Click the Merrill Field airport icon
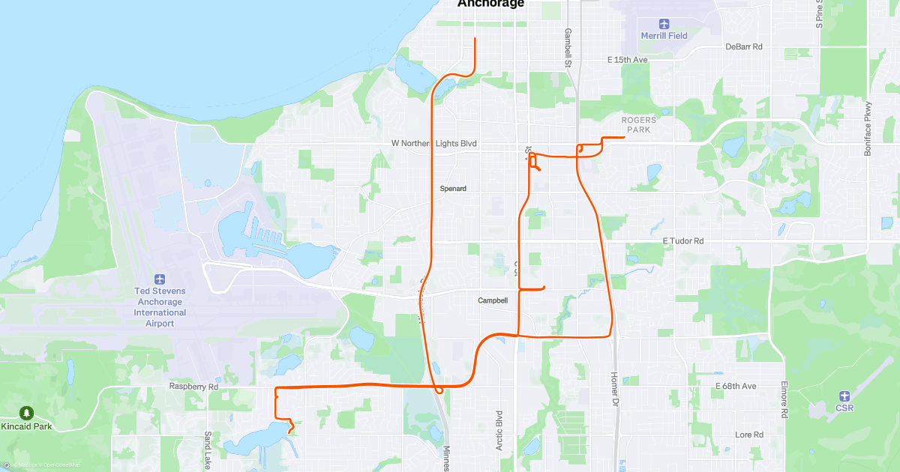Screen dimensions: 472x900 pyautogui.click(x=663, y=23)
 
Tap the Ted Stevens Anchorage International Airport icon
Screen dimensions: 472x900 pyautogui.click(x=160, y=279)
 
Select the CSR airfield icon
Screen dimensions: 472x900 pyautogui.click(x=844, y=396)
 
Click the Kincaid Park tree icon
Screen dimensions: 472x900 pyautogui.click(x=27, y=413)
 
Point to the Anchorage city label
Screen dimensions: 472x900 pyautogui.click(x=490, y=4)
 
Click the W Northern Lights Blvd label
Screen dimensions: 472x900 pyautogui.click(x=434, y=143)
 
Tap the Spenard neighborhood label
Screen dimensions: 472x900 pyautogui.click(x=453, y=189)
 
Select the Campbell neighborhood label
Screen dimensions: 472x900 pyautogui.click(x=493, y=300)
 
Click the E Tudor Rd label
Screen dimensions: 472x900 pyautogui.click(x=683, y=241)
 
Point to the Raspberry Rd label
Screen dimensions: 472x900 pyautogui.click(x=193, y=387)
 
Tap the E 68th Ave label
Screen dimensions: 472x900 pyautogui.click(x=736, y=386)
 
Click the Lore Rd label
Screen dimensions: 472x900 pyautogui.click(x=748, y=435)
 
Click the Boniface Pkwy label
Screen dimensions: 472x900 pyautogui.click(x=868, y=128)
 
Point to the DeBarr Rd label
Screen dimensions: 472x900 pyautogui.click(x=744, y=46)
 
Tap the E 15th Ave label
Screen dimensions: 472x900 pyautogui.click(x=627, y=59)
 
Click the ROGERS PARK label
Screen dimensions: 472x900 pyautogui.click(x=639, y=125)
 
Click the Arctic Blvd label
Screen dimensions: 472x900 pyautogui.click(x=499, y=429)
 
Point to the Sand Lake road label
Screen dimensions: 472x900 pyautogui.click(x=208, y=450)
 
